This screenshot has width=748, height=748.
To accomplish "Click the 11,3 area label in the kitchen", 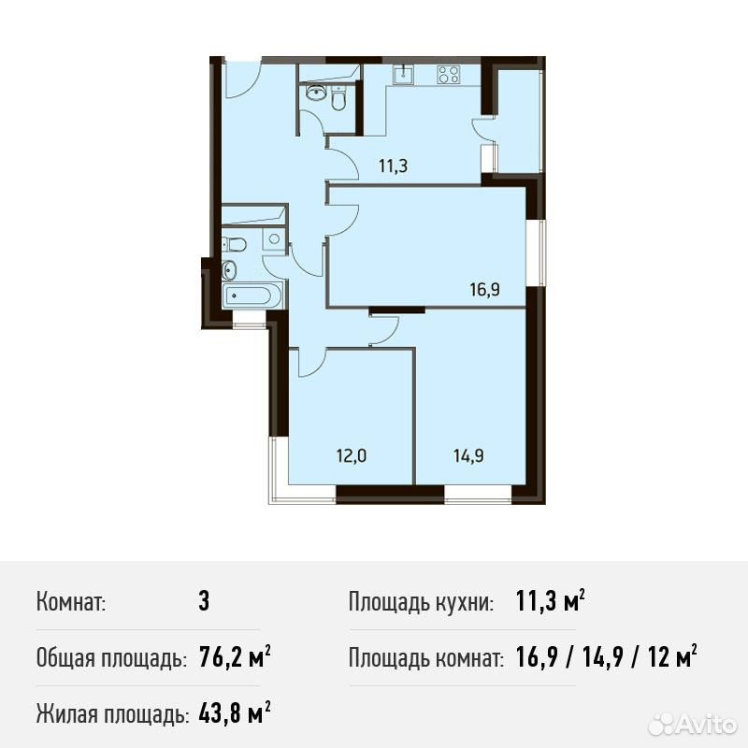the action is coord(393,166).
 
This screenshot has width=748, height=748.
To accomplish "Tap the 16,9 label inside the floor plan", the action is coord(485,289).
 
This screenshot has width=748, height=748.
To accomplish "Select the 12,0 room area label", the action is coord(352,456).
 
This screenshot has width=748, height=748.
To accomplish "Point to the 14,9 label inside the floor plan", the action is coord(468,456).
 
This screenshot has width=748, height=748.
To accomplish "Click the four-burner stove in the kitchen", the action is coord(449,75).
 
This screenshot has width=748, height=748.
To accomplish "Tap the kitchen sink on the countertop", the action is coord(404,75).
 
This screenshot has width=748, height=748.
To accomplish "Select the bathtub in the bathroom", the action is coord(248,295).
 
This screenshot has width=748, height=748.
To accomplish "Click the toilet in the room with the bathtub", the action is coord(236,245).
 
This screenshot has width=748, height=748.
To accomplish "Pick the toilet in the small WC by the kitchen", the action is coord(338,99).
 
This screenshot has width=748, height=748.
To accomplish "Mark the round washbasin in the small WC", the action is coord(314,93).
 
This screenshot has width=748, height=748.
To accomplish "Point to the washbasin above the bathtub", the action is coord(229,269).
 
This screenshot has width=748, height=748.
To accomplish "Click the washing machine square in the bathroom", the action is coord(274,238).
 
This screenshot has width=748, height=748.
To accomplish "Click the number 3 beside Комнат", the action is coord(204,601).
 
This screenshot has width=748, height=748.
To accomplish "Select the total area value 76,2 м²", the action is coord(235,658).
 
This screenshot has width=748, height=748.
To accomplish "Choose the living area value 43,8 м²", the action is coord(235,713).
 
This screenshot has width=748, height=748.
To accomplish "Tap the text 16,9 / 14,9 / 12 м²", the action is coord(606,657).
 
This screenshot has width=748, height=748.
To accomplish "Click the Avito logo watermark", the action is coord(693,726).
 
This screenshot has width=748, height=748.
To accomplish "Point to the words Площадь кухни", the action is coord(421,602).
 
